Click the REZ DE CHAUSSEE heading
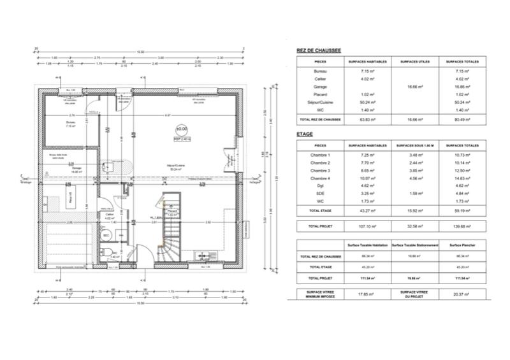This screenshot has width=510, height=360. point(319,50)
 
